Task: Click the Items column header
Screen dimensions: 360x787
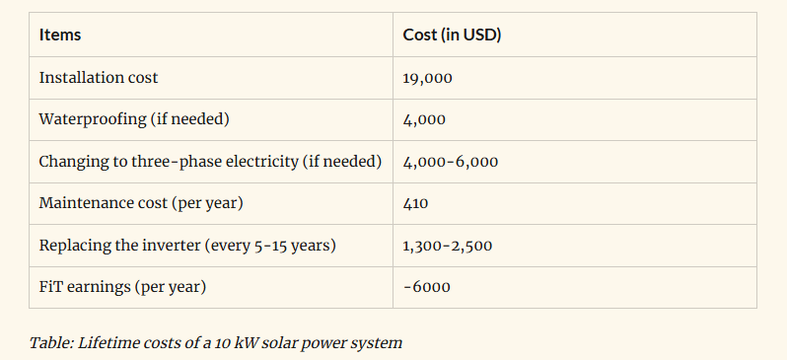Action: tap(60, 36)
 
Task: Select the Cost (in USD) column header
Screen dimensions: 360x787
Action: tap(452, 36)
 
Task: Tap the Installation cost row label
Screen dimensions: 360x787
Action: tap(98, 77)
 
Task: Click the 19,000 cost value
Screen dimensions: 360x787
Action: tap(427, 78)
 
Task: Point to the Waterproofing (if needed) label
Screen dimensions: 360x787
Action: tap(133, 119)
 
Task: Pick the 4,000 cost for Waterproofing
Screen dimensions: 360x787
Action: tap(424, 119)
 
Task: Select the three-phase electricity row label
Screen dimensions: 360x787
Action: tap(210, 161)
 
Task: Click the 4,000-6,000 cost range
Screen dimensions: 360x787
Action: tap(450, 162)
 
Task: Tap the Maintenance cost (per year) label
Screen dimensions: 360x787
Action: tap(140, 203)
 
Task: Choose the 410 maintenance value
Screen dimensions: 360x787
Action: tap(415, 203)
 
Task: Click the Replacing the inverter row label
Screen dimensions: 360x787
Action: tap(187, 245)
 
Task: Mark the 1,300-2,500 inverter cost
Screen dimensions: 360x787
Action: tap(447, 246)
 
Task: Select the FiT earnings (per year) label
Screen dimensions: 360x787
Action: tap(122, 287)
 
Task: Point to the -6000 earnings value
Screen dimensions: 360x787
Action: tap(427, 287)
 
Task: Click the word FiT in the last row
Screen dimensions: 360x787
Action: tap(49, 287)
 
